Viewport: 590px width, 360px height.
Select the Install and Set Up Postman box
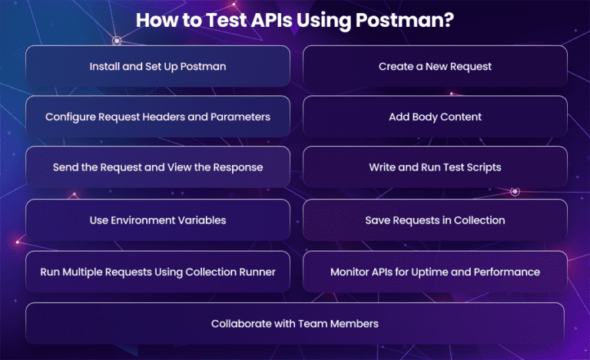pos(157,66)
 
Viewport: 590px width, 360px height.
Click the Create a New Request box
pos(435,66)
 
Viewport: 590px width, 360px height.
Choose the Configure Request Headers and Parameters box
pos(157,117)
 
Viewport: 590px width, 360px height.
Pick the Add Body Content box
pos(435,117)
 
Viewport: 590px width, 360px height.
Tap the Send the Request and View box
pos(157,167)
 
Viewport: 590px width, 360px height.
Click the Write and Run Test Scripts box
pos(435,167)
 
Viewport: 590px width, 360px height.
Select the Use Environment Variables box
pos(157,220)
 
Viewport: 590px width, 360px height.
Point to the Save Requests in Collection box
pos(435,220)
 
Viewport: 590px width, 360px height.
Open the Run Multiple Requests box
pos(157,272)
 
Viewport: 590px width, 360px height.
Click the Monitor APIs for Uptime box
pos(435,272)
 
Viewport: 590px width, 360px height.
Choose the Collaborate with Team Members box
pos(295,324)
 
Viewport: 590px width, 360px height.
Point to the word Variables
pos(199,220)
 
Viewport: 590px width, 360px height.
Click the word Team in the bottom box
pos(318,324)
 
